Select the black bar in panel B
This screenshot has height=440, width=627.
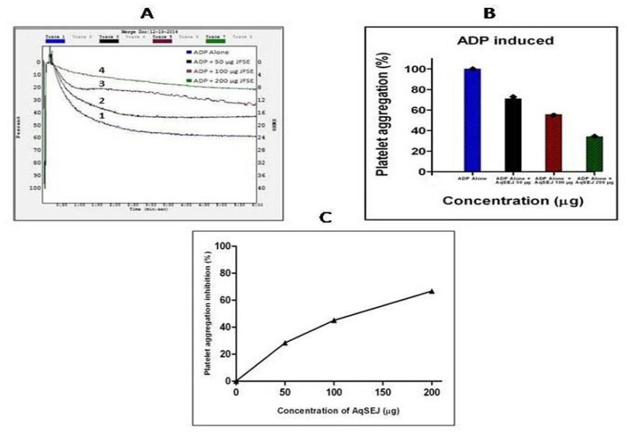[x=513, y=135]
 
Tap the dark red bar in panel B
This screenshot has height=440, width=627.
[x=553, y=143]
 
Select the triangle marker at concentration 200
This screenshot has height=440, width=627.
[x=432, y=291]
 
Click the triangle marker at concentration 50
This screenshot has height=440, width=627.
[x=285, y=343]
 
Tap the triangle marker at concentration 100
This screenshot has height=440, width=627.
[x=334, y=320]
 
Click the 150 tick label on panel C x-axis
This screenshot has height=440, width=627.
[x=383, y=392]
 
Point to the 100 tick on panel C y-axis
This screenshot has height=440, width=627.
[x=224, y=246]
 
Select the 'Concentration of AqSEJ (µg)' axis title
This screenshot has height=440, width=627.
[x=334, y=410]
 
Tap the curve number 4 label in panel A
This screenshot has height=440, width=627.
[x=102, y=70]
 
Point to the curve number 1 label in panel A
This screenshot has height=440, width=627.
[x=102, y=115]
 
